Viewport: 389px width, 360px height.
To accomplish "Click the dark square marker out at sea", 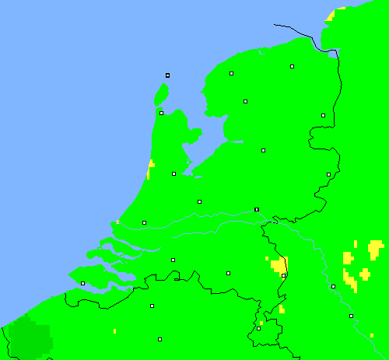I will point(167,75).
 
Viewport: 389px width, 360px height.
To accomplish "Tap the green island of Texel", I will point(160,96).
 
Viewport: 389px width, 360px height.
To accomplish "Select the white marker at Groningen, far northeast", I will point(293,67).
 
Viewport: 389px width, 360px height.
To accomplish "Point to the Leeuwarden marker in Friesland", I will point(232,74).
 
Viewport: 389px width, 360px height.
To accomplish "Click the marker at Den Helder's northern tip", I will point(161,113).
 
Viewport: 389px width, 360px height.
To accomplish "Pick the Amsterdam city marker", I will point(173,173).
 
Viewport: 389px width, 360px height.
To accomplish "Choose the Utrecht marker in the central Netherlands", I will point(199,201).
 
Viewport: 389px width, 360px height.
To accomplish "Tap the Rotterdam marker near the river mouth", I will point(144,222).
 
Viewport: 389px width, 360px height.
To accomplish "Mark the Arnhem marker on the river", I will point(257,209).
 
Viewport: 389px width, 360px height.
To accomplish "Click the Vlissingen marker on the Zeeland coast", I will point(82,283).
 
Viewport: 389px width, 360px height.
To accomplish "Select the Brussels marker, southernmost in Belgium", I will point(159,339).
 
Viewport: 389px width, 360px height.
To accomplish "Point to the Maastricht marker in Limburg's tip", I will point(258,328).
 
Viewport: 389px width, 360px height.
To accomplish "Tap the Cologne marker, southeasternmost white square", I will point(351,316).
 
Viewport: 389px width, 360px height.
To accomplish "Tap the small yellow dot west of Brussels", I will point(114,331).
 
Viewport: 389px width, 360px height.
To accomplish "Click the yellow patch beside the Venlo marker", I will point(278,264).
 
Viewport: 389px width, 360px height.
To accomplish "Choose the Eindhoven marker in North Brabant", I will point(228,273).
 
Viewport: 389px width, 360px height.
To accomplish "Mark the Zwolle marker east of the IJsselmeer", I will point(263,150).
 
